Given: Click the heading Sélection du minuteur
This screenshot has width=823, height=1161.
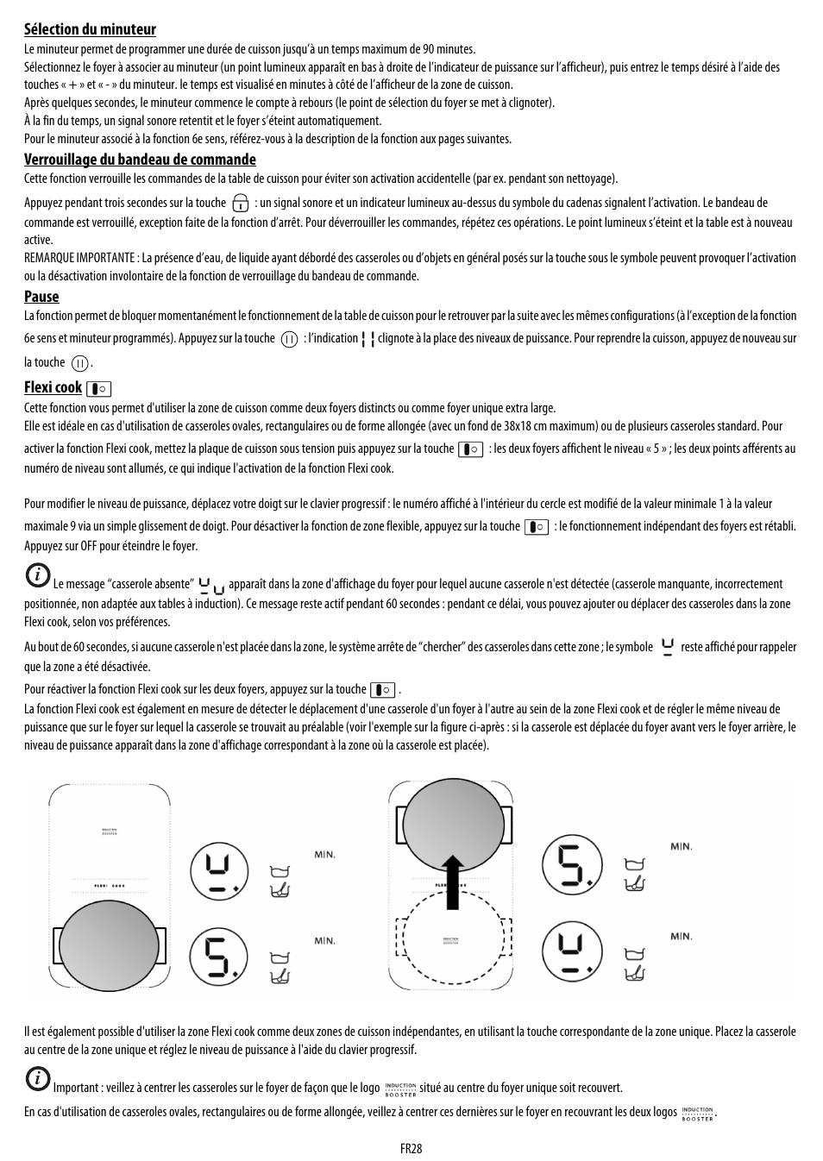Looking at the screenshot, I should coord(90,30).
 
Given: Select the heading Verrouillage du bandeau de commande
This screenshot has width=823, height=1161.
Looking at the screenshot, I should coord(140,160).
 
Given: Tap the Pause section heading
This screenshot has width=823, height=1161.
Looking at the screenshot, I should coord(41,297).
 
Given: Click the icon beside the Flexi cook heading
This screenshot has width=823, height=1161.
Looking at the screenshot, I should coord(99,389).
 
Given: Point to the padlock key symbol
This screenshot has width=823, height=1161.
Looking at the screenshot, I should coord(241,204).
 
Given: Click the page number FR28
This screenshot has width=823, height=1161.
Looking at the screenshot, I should coord(411,1148).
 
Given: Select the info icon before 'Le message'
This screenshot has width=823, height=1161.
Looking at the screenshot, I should coord(36,575).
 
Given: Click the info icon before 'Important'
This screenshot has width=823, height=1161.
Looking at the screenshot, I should coord(36,1079).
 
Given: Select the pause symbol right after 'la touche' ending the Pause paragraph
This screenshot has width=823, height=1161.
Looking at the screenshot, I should coord(79,364).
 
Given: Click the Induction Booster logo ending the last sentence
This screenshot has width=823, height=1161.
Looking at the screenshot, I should coord(697,1113).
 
